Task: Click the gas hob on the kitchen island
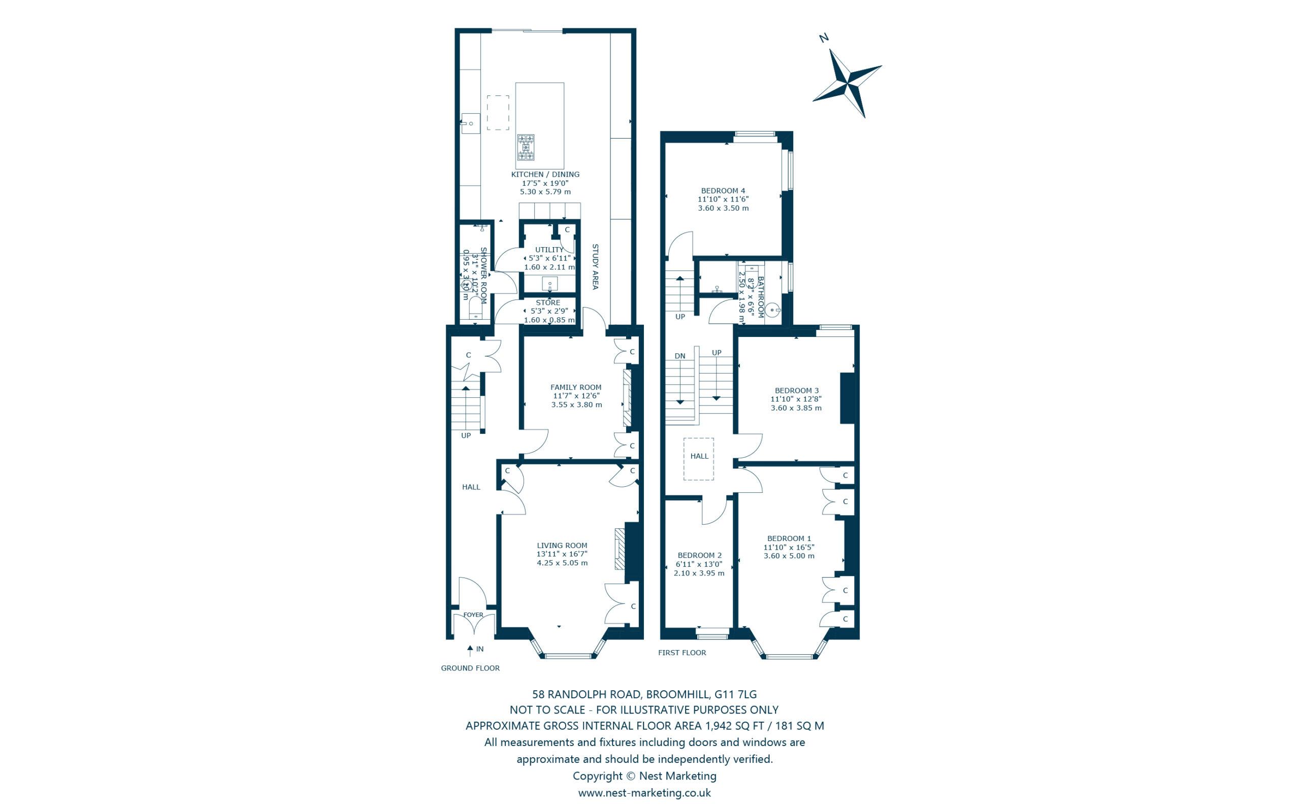(x=526, y=147)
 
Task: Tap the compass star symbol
(x=847, y=84)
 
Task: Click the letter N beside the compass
(x=823, y=38)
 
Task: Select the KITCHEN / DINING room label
(x=545, y=175)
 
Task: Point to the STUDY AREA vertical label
(x=595, y=267)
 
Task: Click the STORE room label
(x=547, y=303)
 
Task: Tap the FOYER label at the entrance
(x=473, y=615)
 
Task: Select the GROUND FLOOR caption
(x=470, y=668)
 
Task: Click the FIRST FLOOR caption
(x=681, y=653)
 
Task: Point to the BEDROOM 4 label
(x=723, y=191)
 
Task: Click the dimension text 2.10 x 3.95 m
(x=698, y=573)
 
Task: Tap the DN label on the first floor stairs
(x=679, y=356)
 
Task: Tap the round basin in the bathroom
(x=772, y=311)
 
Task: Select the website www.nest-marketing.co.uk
(x=644, y=793)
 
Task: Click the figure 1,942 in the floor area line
(x=719, y=726)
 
